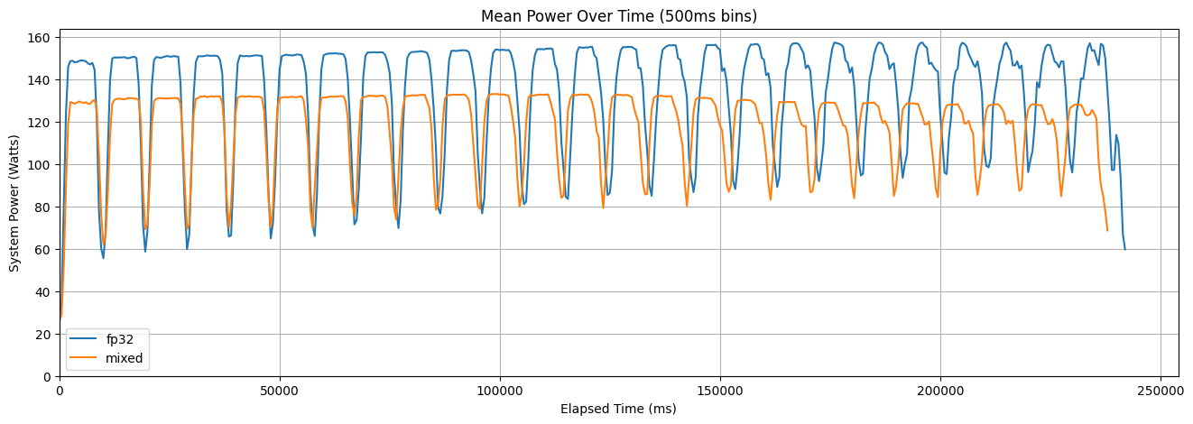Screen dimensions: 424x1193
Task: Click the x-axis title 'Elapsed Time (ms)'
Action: (618, 409)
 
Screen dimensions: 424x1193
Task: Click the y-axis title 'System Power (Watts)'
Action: (14, 203)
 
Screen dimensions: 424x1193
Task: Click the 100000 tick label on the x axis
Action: (500, 390)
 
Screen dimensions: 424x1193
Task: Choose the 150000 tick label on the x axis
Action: (720, 390)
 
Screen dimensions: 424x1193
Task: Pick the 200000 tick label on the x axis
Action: (940, 390)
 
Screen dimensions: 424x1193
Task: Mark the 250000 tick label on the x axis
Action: (1161, 390)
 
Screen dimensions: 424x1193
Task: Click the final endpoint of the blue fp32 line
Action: (1124, 249)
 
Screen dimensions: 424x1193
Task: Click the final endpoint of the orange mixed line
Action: (1107, 230)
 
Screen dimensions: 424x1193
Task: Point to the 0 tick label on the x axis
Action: (60, 390)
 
